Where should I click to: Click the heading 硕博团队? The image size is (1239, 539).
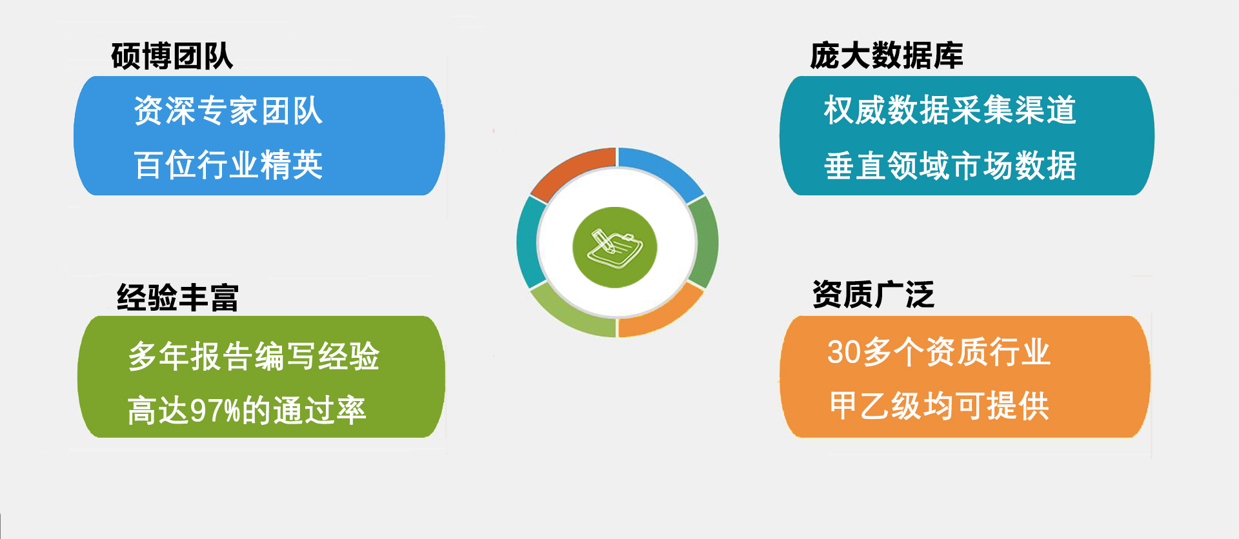(x=172, y=56)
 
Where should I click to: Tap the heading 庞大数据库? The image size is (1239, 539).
(x=886, y=55)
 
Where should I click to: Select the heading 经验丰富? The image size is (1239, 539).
(x=177, y=298)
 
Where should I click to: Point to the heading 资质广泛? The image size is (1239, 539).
(x=873, y=295)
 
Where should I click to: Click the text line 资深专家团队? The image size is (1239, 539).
(x=228, y=110)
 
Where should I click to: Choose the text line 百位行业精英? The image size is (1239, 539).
(x=228, y=165)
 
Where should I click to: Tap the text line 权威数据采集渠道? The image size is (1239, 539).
(x=950, y=110)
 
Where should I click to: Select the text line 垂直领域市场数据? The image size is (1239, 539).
(x=950, y=166)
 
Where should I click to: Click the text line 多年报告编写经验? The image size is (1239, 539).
(x=254, y=356)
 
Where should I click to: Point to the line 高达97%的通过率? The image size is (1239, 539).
(x=247, y=411)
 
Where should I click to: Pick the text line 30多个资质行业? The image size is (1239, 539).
(x=939, y=352)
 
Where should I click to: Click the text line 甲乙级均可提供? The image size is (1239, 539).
(x=940, y=406)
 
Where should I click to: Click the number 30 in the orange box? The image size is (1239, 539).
(x=843, y=353)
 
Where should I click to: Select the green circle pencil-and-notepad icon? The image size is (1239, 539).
(x=614, y=247)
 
